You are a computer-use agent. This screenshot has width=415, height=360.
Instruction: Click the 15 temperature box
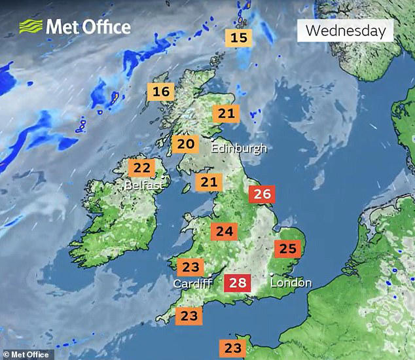pos(240,37)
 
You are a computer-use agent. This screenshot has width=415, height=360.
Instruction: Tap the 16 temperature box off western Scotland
pos(161,92)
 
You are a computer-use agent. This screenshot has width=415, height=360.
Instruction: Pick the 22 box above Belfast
pos(141,168)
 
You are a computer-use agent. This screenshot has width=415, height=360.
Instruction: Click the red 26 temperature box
pos(262,194)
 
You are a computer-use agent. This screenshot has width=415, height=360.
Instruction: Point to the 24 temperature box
pos(225,232)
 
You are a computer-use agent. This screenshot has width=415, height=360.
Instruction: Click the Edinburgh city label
pos(239,148)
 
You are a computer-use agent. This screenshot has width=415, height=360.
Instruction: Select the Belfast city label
pos(144,186)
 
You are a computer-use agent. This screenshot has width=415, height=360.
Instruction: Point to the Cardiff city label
pos(192,284)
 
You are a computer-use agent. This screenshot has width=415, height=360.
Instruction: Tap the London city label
pos(291,283)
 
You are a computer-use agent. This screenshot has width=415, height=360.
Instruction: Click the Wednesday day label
pos(345,30)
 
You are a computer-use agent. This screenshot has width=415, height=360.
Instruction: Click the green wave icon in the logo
pos(31,27)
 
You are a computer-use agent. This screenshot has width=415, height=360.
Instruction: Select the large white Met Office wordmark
pos(88,27)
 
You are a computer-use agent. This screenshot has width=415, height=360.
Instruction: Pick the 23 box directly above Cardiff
pos(190,267)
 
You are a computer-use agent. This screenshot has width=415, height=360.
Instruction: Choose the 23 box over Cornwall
pos(189,316)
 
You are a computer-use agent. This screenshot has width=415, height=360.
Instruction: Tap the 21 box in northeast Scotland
pos(226,114)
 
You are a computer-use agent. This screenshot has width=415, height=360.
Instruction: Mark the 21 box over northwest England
pos(209,182)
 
